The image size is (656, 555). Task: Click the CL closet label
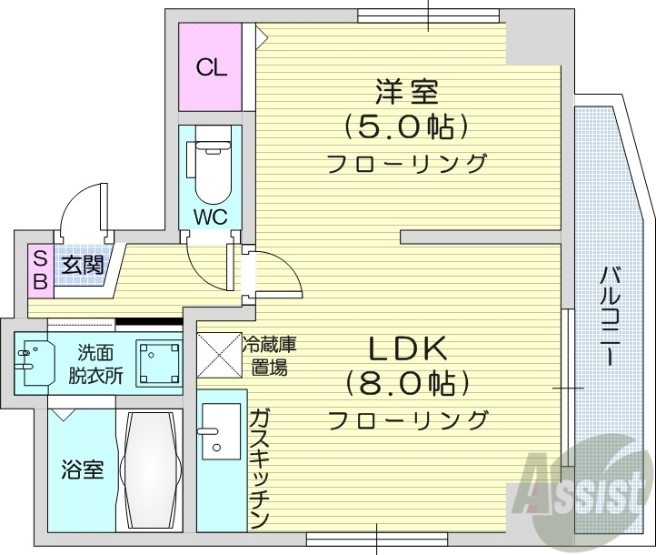[212, 67]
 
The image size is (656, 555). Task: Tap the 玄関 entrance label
[82, 266]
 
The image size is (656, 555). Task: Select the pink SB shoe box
[40, 269]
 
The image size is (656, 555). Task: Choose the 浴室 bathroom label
[82, 469]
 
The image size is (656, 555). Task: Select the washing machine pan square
[159, 361]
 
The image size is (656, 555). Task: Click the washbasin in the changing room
[34, 361]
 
